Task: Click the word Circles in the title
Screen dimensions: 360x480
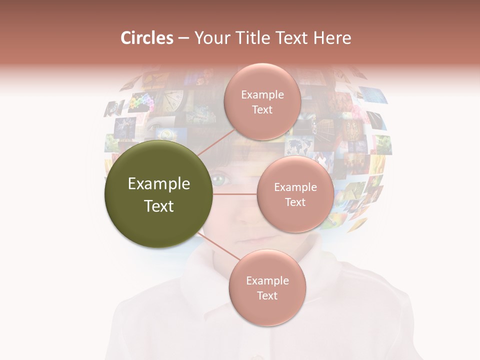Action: point(147,38)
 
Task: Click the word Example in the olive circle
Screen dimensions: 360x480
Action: point(159,184)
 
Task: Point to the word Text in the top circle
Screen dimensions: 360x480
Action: point(262,109)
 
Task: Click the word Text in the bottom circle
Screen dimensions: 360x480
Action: point(267,295)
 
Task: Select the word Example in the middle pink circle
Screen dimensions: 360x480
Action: point(295,187)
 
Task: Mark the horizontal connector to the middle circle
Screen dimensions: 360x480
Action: point(234,194)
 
